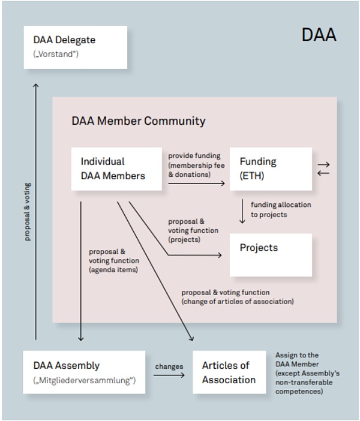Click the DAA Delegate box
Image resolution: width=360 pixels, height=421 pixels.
pos(75,47)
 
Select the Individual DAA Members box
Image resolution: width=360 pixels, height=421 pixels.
pos(116,169)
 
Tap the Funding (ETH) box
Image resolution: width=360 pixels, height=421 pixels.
pos(271,169)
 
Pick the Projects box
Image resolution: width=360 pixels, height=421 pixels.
pos(271,254)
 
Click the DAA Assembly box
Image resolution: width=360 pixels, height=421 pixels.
pos(84,372)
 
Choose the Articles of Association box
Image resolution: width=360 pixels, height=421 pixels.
pos(229,372)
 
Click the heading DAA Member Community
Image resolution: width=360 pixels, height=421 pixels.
pos(139,121)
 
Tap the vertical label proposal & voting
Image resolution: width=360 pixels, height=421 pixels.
pos(27,211)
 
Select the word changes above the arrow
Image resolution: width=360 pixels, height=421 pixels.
pos(169,366)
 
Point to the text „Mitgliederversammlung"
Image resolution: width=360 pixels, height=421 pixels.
pos(84,380)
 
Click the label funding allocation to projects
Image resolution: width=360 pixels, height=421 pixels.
pos(281,209)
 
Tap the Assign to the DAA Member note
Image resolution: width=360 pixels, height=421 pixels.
pos(307,373)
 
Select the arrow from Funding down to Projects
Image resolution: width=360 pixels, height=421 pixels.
pos(242,211)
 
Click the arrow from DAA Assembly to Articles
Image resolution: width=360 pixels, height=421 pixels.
pos(169,375)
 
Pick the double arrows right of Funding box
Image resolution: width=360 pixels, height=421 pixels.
pos(323,169)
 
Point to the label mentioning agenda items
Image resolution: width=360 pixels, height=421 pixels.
pos(114,260)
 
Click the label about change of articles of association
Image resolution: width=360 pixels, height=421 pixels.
pos(238,297)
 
